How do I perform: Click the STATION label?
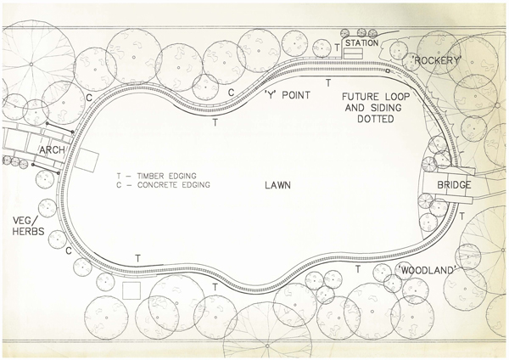(x=361, y=43)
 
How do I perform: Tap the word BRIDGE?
(x=454, y=185)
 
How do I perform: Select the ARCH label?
(x=52, y=150)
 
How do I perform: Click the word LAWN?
(x=277, y=185)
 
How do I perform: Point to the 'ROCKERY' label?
(x=436, y=60)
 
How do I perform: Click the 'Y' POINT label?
(x=288, y=95)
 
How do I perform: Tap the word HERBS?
(x=28, y=231)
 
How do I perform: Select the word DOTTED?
(x=376, y=119)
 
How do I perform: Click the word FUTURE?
(x=360, y=97)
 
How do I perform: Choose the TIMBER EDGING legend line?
(x=157, y=176)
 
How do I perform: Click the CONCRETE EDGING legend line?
(x=163, y=185)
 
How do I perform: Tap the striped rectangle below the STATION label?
(x=353, y=53)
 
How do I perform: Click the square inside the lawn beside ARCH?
(x=87, y=160)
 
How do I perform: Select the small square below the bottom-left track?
(x=131, y=290)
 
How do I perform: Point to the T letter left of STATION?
(x=338, y=48)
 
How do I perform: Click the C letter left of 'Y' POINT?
(x=231, y=93)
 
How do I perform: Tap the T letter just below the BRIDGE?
(x=461, y=216)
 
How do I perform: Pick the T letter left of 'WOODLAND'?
(x=358, y=269)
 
